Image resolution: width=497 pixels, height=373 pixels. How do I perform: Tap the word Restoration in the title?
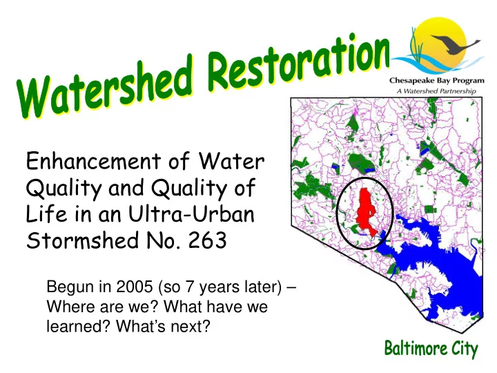pyautogui.click(x=299, y=63)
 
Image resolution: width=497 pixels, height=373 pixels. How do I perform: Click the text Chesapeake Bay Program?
pyautogui.click(x=437, y=81)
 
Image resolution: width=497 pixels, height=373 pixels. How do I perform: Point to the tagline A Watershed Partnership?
pyautogui.click(x=436, y=91)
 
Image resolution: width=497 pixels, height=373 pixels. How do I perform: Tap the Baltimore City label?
pyautogui.click(x=431, y=349)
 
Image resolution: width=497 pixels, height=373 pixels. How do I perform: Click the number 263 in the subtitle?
pyautogui.click(x=208, y=240)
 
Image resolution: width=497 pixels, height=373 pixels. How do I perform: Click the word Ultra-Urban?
pyautogui.click(x=191, y=213)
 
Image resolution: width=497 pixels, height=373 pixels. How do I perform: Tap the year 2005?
pyautogui.click(x=135, y=287)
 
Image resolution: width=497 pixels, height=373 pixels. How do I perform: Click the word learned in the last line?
pyautogui.click(x=78, y=326)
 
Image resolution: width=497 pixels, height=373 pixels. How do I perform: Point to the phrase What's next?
pyautogui.click(x=163, y=326)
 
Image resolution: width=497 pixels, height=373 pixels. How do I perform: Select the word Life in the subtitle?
pyautogui.click(x=47, y=213)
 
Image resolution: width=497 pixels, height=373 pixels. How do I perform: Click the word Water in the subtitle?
pyautogui.click(x=232, y=161)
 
